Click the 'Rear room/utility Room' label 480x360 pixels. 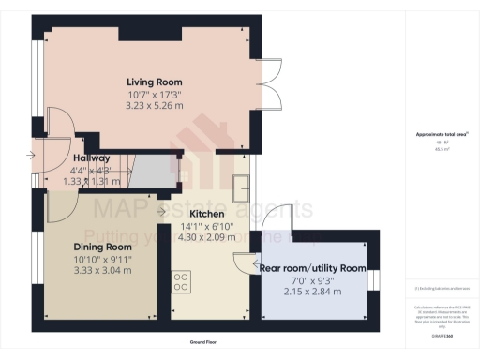312,269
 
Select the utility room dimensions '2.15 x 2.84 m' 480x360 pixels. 312,292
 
